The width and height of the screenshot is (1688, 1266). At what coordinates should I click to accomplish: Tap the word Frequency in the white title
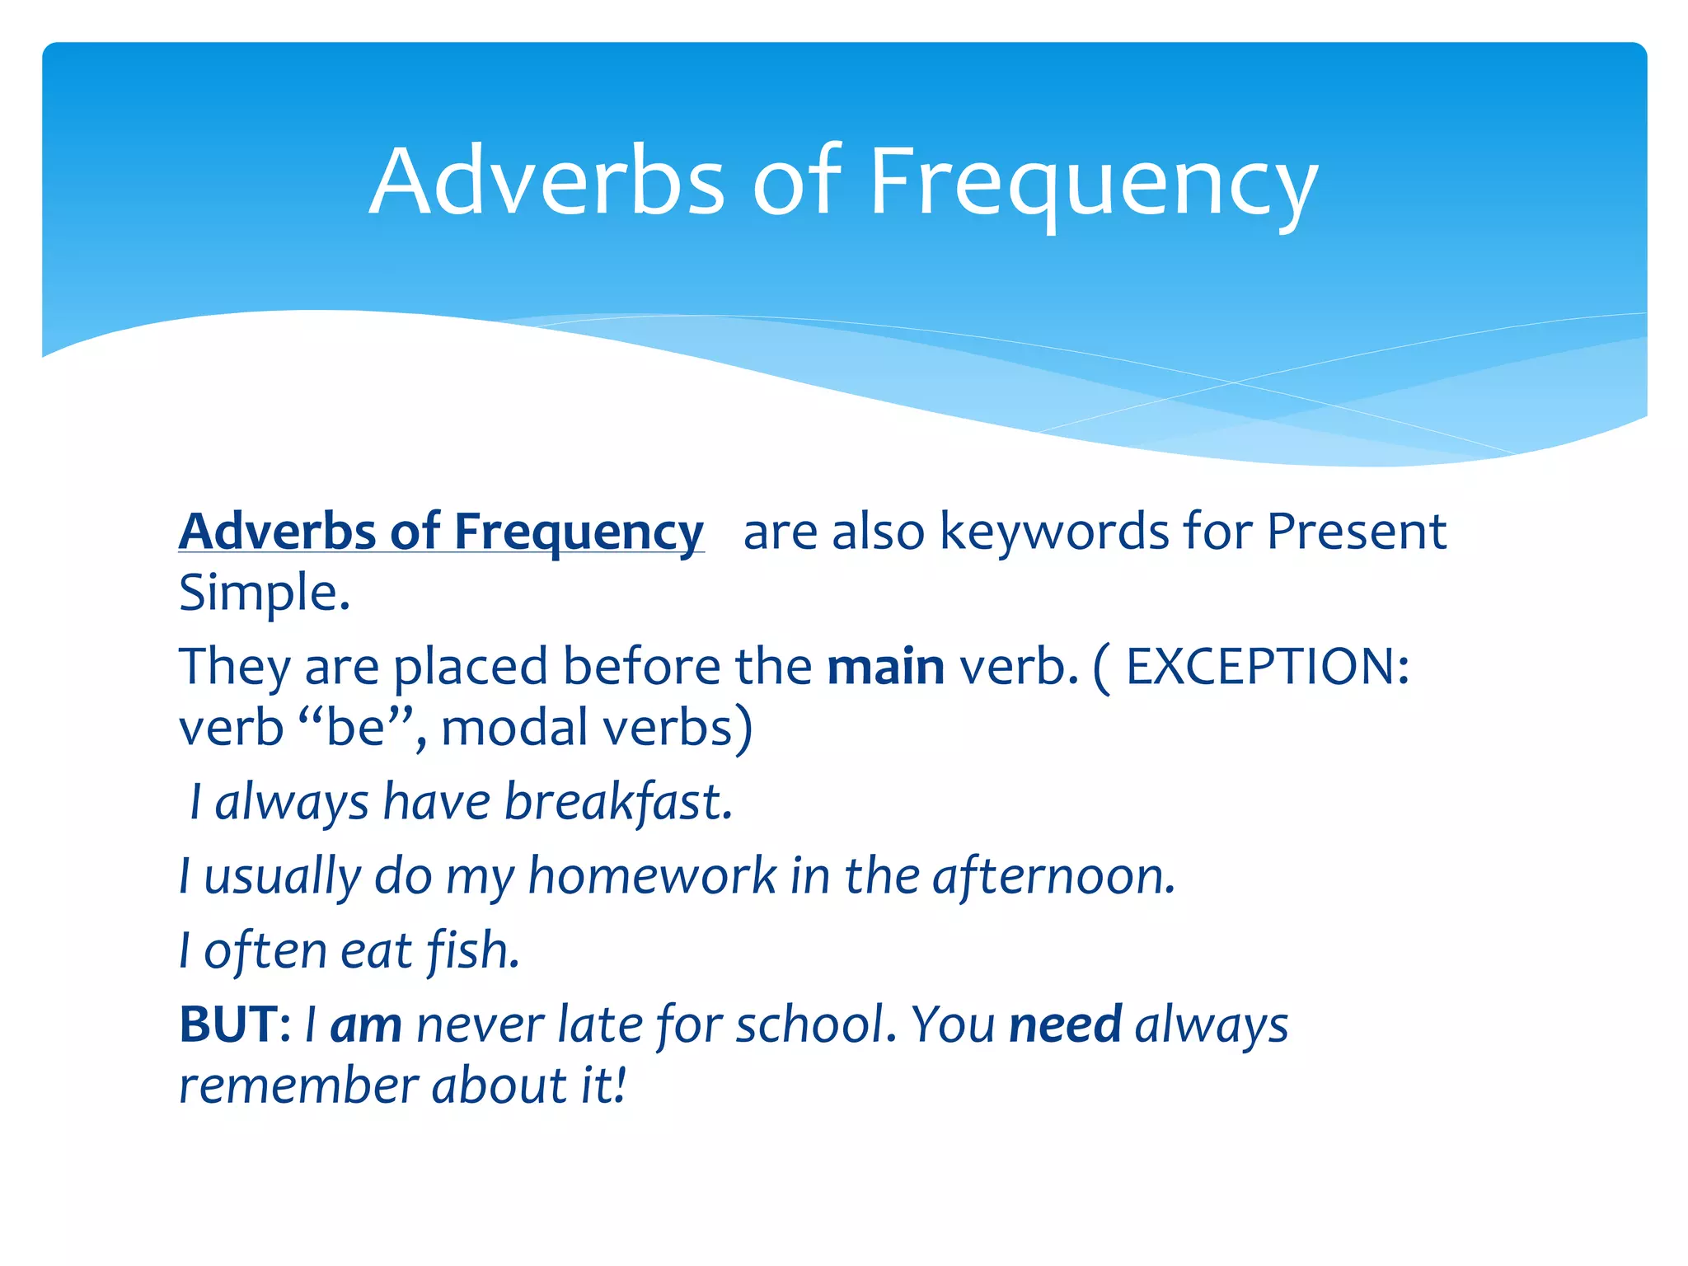1093,185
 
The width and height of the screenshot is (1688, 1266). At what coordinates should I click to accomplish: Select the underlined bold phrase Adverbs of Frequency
441,532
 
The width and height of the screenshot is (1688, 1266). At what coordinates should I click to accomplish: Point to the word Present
1356,532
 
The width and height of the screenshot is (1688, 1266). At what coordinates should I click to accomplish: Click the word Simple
264,593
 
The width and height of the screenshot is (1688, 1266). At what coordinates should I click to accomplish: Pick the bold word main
885,667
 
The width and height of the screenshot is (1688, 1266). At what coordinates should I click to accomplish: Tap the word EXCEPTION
1266,667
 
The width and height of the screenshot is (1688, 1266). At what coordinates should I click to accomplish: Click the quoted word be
356,729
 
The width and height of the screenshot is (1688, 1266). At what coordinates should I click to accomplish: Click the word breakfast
617,803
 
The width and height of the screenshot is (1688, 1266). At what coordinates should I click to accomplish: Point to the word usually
282,877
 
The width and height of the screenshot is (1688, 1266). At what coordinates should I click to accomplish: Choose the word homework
652,875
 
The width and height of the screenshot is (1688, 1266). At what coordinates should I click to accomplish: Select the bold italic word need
1065,1025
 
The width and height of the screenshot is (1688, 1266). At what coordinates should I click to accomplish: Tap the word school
815,1025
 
